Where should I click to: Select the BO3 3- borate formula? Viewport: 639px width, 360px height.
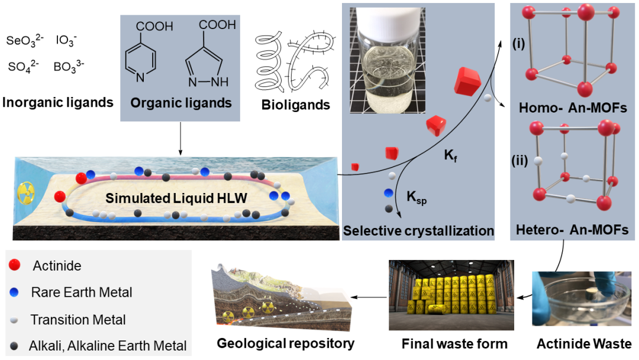69,66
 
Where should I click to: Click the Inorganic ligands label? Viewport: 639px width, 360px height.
57,102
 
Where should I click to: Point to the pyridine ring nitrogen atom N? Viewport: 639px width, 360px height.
140,77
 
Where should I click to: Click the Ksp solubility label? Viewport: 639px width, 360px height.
417,197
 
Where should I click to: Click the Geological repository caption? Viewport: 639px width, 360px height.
286,343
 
